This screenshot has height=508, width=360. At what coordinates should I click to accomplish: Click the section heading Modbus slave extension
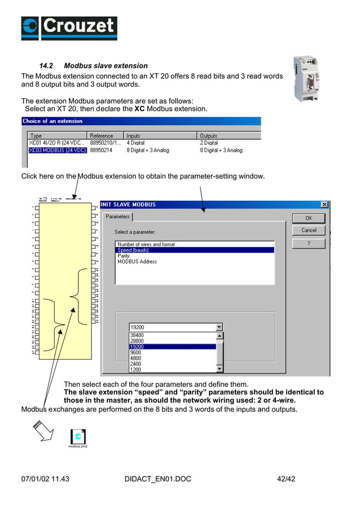click(x=106, y=66)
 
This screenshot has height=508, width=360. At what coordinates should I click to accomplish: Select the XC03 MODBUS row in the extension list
click(x=58, y=151)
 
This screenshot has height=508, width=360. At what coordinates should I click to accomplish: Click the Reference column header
click(x=102, y=136)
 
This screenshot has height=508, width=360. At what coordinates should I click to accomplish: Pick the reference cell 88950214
click(x=102, y=151)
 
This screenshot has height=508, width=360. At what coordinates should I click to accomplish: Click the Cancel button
click(x=309, y=231)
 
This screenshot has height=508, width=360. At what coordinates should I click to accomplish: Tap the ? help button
click(x=309, y=244)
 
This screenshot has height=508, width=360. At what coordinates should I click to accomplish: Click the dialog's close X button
click(x=324, y=205)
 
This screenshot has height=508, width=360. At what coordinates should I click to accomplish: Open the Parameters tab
click(x=118, y=217)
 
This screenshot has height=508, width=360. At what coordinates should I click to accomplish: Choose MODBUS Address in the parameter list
click(x=137, y=262)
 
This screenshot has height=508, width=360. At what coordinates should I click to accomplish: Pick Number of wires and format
click(x=146, y=244)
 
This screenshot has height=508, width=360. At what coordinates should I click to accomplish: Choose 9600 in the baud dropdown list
click(x=136, y=352)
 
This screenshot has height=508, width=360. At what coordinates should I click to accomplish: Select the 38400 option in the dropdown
click(x=137, y=335)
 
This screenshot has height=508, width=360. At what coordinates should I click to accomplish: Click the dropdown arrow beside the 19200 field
click(x=219, y=327)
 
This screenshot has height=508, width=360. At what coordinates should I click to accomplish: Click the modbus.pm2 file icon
click(x=78, y=437)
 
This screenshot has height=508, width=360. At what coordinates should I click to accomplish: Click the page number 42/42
click(x=286, y=479)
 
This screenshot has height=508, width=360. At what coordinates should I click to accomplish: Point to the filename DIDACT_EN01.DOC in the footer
click(x=157, y=479)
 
